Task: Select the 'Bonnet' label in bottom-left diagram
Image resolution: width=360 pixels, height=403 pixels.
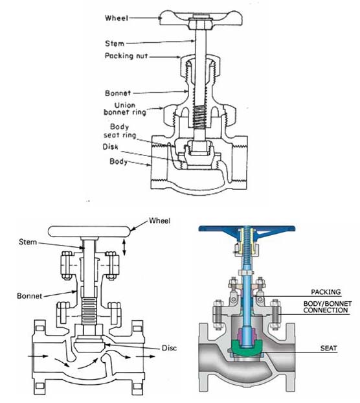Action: click(x=29, y=295)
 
